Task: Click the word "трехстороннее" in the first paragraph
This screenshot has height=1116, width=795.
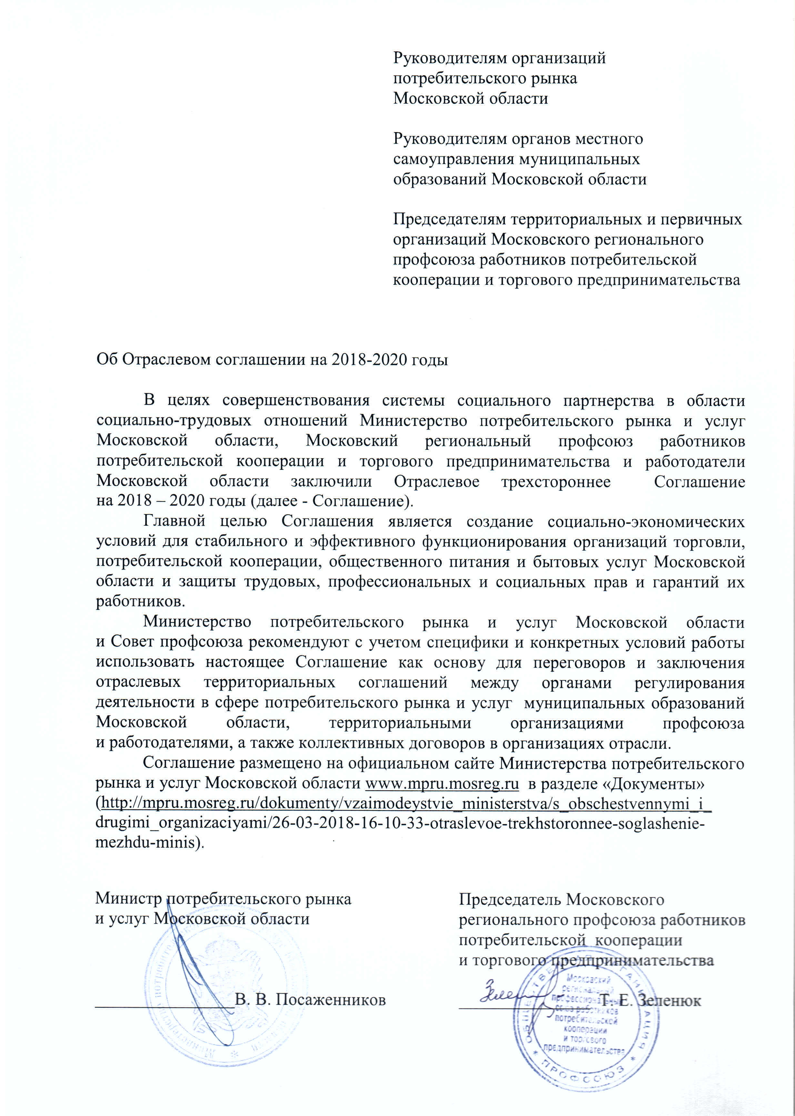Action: (x=556, y=481)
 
